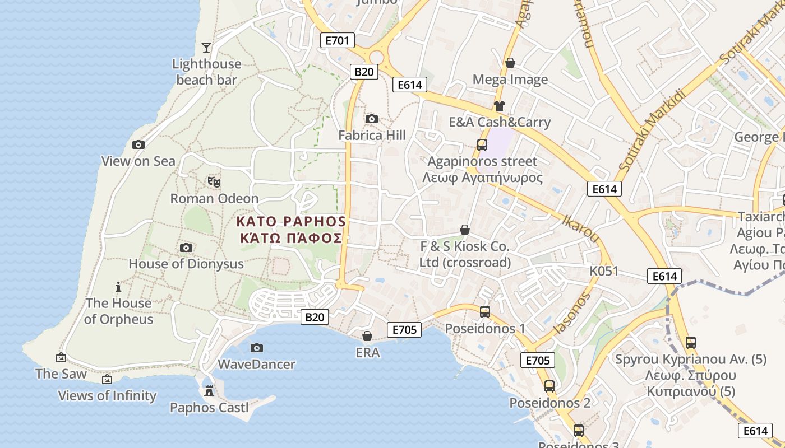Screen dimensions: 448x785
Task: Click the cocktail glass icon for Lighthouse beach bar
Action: (206, 48)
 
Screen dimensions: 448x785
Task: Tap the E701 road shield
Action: (337, 40)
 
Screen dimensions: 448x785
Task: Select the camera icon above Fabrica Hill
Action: (371, 119)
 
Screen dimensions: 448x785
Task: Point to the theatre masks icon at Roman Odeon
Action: (214, 182)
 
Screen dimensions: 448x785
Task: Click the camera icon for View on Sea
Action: (138, 144)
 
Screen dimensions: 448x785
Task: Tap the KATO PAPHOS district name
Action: (291, 221)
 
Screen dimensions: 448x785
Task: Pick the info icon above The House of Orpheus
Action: (118, 287)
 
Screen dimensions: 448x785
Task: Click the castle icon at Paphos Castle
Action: (209, 391)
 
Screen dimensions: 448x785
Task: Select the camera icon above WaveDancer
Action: (256, 348)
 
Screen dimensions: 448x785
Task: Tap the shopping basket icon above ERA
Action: (367, 336)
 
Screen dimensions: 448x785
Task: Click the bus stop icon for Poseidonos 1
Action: (485, 312)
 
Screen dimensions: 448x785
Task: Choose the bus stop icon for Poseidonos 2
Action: (549, 386)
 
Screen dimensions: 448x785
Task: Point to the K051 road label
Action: (604, 271)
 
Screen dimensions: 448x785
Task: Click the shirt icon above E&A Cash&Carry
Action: (500, 105)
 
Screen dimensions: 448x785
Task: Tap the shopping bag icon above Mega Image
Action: (510, 63)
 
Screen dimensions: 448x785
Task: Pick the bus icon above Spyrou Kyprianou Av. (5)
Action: (691, 342)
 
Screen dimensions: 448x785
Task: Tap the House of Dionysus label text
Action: (186, 264)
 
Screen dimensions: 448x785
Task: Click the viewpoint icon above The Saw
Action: (61, 357)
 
